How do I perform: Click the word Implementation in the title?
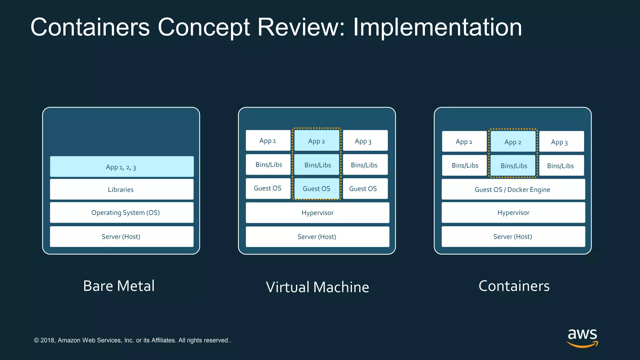437,27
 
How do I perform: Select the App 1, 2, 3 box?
122,167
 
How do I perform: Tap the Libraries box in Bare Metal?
122,189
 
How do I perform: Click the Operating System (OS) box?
122,212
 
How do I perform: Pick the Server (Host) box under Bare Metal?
122,237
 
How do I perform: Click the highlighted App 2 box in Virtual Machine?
317,141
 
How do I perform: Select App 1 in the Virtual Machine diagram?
268,141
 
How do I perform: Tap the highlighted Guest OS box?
317,189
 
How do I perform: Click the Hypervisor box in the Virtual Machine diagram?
317,213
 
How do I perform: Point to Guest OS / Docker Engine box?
513,189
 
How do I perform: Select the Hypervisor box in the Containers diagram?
513,212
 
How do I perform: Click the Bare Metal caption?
119,286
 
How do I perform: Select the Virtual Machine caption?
317,287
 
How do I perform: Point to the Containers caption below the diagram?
514,286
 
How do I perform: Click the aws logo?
582,337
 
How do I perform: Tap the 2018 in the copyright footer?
47,340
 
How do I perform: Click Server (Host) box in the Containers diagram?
513,237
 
